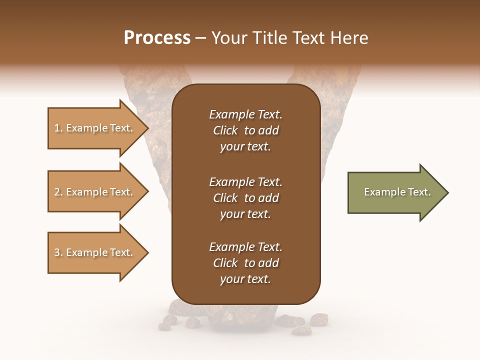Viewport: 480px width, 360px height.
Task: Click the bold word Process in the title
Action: [x=157, y=38]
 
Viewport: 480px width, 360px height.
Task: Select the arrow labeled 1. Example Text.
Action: [x=95, y=128]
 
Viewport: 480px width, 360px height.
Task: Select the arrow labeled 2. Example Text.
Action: [x=95, y=192]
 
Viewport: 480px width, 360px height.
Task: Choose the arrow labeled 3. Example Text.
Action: [x=95, y=252]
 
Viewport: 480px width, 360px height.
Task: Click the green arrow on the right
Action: [x=395, y=192]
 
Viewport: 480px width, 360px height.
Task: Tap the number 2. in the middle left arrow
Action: [x=58, y=192]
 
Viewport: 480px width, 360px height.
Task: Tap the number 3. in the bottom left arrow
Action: [x=58, y=252]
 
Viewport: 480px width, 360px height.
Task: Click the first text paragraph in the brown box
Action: [x=245, y=130]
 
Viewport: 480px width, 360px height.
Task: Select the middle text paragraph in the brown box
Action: [x=245, y=198]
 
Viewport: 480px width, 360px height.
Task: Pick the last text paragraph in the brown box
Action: [x=245, y=263]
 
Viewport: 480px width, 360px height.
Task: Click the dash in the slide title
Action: [x=201, y=38]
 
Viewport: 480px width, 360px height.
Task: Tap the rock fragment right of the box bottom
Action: [x=318, y=319]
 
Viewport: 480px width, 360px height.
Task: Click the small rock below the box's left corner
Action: [x=171, y=318]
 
